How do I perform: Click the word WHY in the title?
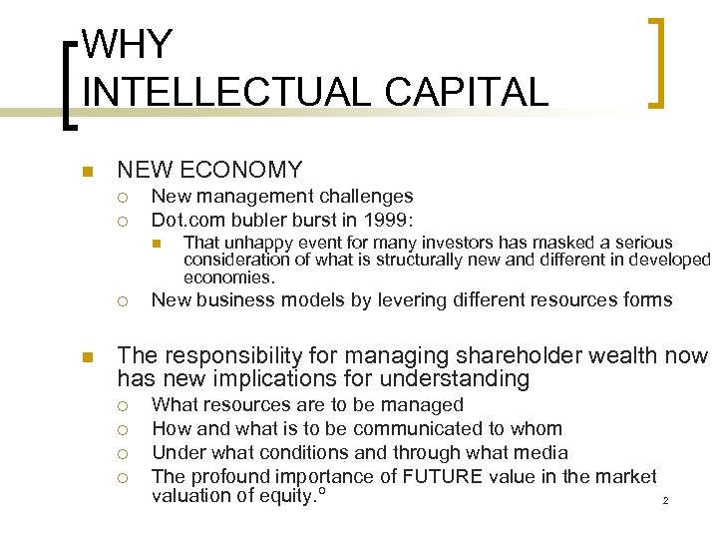[128, 44]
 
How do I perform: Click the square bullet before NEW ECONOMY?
[88, 171]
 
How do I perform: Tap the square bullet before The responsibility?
[88, 355]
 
